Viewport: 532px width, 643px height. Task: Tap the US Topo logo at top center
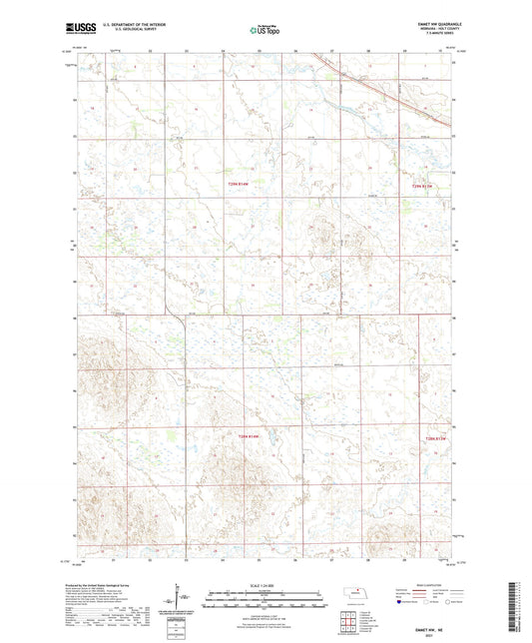[265, 31]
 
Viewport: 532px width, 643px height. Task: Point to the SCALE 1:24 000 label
[264, 585]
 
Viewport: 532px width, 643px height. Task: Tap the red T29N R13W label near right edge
[427, 185]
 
